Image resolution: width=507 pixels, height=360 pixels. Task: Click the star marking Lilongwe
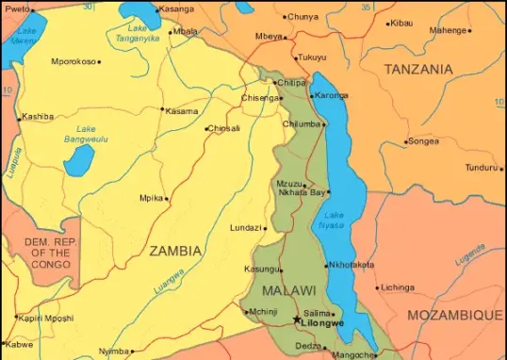click(298, 320)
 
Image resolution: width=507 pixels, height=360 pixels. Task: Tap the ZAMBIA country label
click(174, 251)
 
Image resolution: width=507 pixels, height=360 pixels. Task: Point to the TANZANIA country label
click(418, 69)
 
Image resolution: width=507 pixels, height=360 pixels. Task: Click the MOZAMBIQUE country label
click(454, 314)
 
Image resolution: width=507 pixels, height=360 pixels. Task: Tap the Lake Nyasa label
click(332, 220)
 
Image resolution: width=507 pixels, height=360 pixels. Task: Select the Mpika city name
click(151, 198)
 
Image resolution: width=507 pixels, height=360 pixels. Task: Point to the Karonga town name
click(331, 96)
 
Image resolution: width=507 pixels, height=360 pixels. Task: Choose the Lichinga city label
click(398, 286)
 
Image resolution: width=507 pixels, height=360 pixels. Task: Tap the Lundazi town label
click(246, 228)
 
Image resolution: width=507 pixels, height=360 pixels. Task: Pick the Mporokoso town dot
click(99, 62)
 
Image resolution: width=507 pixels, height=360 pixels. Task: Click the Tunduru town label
click(480, 168)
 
